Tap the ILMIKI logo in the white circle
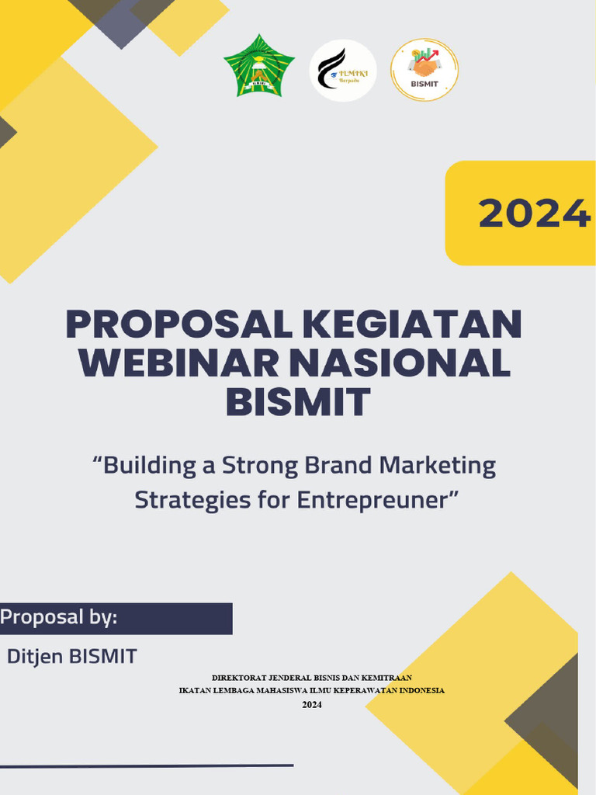point(343,71)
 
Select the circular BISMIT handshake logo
point(424,70)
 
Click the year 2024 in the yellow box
point(534,214)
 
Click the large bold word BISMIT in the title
point(297,403)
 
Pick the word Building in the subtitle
point(147,467)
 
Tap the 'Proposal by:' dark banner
point(116,618)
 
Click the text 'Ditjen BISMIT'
point(72,656)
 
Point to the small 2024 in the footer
point(311,704)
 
